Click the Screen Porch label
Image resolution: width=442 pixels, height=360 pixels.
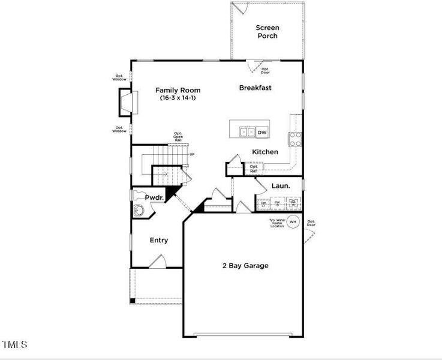point(267,32)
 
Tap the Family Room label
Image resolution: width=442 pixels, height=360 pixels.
point(178,91)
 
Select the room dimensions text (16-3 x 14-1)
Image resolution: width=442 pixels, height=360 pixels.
point(178,98)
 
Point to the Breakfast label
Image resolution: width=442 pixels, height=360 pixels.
point(255,88)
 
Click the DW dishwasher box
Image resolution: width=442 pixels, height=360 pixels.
point(262,132)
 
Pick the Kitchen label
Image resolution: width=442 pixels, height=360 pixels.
point(264,152)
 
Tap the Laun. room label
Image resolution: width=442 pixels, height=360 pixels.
point(281,186)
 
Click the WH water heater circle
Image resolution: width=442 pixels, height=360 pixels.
point(293,222)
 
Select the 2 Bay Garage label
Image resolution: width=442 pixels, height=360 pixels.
point(245,266)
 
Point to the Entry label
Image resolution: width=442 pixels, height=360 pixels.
point(159,241)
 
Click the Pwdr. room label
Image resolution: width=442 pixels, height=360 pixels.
point(154,197)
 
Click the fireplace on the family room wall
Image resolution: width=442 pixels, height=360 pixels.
point(126,101)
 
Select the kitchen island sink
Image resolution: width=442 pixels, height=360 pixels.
point(246,132)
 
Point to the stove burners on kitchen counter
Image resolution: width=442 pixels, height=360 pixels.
point(296,139)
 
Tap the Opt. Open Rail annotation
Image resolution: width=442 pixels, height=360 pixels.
point(178,136)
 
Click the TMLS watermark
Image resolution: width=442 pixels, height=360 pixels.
point(14,344)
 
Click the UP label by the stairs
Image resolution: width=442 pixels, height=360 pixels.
point(193,155)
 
